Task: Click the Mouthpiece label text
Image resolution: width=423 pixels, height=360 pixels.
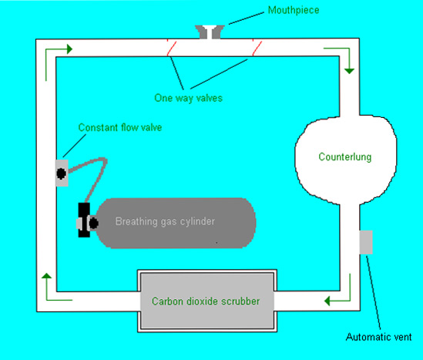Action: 294,10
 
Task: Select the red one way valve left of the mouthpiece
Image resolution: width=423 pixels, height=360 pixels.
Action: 171,48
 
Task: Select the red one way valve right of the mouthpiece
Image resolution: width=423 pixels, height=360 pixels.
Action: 257,48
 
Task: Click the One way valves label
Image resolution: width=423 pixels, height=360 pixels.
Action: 188,98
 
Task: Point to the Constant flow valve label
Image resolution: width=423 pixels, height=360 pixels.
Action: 120,127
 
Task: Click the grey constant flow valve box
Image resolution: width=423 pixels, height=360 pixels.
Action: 62,173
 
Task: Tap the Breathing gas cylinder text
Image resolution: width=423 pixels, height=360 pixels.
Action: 165,221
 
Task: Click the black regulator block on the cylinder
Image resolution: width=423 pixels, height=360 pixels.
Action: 84,220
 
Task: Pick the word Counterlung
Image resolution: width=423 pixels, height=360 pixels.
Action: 345,156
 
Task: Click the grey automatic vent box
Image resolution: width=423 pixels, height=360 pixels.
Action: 366,242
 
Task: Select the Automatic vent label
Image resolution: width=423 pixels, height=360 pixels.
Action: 379,337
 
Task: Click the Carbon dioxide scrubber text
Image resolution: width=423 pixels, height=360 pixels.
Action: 206,301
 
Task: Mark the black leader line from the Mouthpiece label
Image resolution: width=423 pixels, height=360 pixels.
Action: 247,19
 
